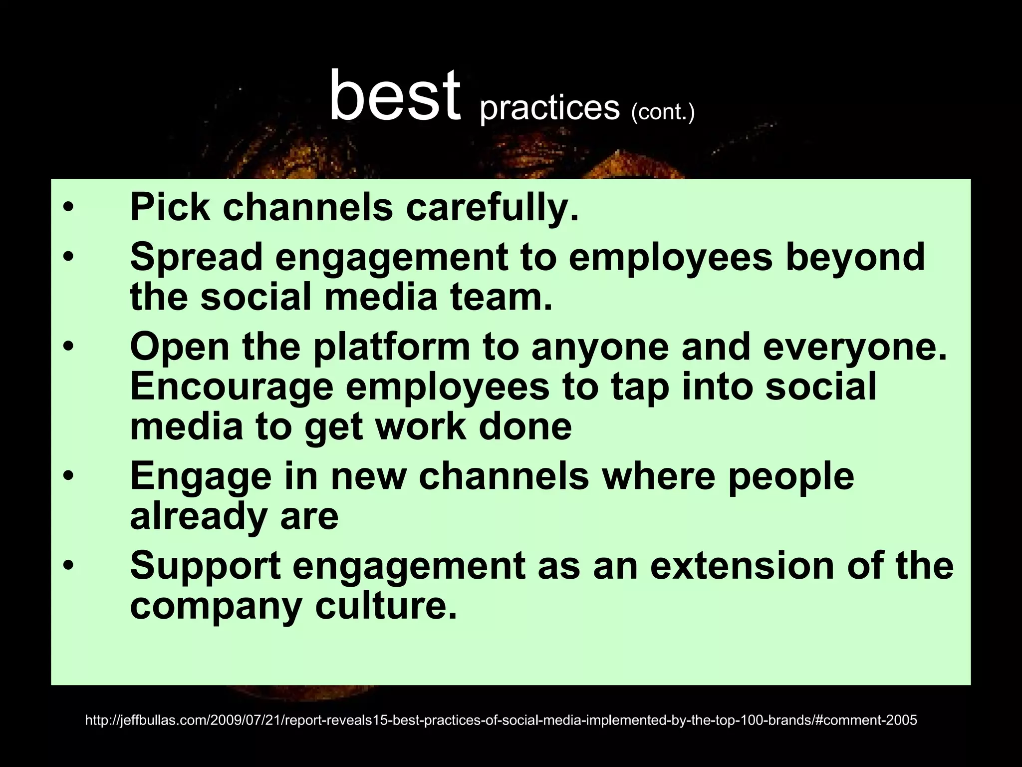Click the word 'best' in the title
(x=394, y=96)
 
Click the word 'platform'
(x=392, y=348)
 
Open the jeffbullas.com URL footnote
(x=501, y=720)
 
